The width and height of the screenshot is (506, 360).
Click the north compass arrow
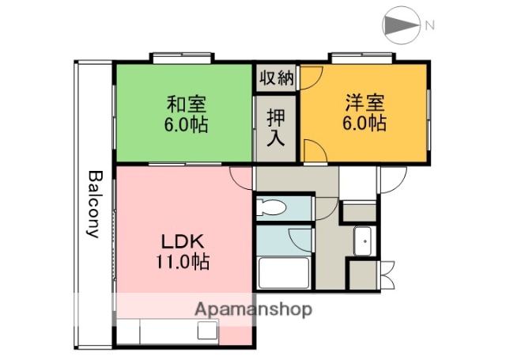click(x=402, y=25)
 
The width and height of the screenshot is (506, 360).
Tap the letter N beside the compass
click(x=429, y=25)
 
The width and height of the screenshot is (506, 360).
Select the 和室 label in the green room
click(x=186, y=104)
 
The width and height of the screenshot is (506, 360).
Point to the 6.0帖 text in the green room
click(x=186, y=125)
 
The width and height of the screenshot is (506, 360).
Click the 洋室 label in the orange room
click(x=364, y=103)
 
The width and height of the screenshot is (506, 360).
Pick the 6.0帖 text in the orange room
click(x=364, y=124)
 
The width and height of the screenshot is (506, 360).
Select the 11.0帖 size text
click(x=186, y=263)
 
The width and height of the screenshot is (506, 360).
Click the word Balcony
click(x=94, y=204)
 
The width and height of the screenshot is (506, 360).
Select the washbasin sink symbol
click(x=364, y=240)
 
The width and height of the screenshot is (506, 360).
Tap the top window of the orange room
click(x=362, y=58)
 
